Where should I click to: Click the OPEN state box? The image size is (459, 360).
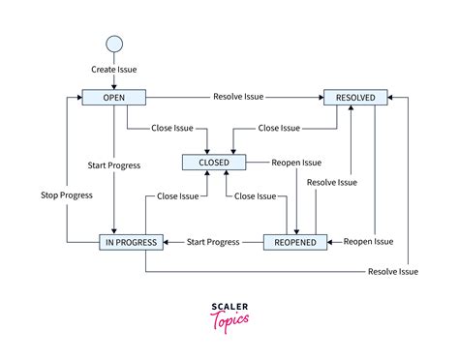113,97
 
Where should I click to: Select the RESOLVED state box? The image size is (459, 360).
355,97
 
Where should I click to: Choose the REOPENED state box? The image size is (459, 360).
294,241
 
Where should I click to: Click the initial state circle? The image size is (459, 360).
113,43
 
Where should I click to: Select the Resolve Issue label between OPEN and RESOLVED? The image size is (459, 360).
238,97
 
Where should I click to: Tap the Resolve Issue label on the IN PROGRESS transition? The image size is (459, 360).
393,272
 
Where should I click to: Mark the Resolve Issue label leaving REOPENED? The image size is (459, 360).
331,182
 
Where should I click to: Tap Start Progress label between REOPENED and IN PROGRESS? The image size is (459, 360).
212,241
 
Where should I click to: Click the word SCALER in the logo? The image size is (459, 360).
229,308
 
